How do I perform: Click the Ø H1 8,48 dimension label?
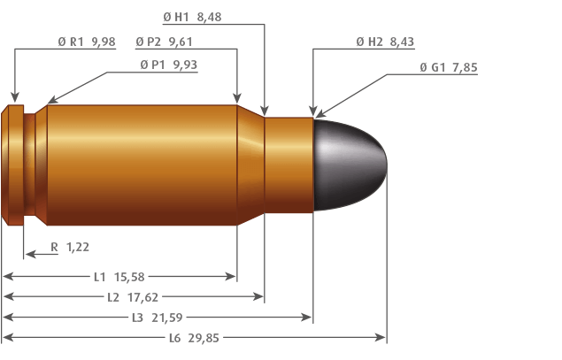192,17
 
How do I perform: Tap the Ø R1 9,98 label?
87,42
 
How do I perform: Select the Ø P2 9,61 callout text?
164,42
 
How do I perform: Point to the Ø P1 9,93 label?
169,65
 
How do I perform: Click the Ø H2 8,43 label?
385,42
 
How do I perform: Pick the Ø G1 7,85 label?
449,67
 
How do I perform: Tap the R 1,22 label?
70,247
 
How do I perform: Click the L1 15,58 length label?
119,277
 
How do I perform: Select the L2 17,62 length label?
133,297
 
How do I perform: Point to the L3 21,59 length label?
158,318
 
